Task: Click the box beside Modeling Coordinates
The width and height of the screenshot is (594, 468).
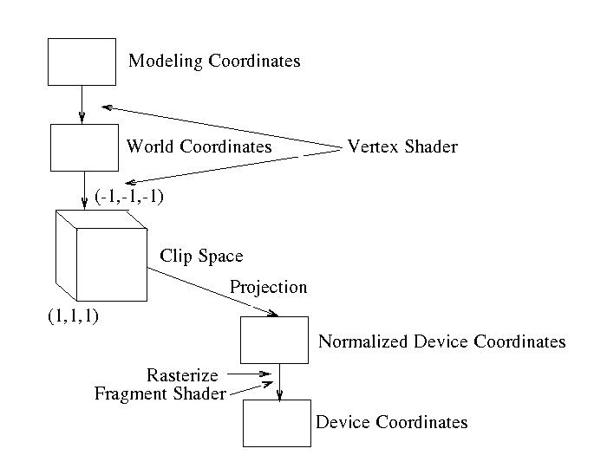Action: pyautogui.click(x=82, y=62)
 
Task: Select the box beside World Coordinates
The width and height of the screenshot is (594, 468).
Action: pyautogui.click(x=84, y=147)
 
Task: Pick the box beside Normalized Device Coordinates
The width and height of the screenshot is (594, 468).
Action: pyautogui.click(x=274, y=340)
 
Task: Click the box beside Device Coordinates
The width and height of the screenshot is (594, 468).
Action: pyautogui.click(x=277, y=422)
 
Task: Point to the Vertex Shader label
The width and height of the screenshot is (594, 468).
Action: pyautogui.click(x=401, y=146)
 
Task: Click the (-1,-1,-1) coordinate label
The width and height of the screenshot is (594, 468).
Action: pyautogui.click(x=130, y=198)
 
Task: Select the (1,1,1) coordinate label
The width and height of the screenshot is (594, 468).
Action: pyautogui.click(x=75, y=315)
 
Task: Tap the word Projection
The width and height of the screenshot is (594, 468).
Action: pyautogui.click(x=268, y=288)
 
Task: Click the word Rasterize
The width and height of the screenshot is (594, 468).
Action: pyautogui.click(x=182, y=375)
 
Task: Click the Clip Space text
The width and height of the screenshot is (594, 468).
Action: pyautogui.click(x=201, y=257)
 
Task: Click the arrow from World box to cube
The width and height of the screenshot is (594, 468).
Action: pyautogui.click(x=84, y=190)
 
